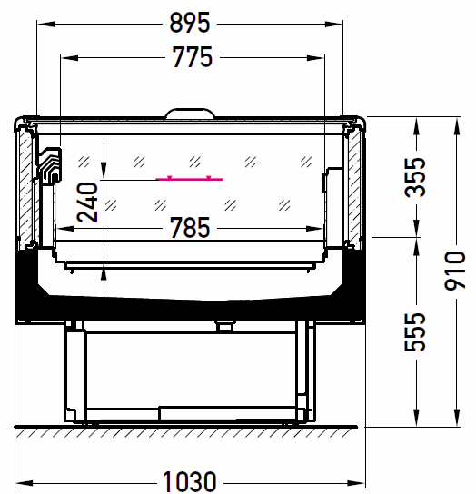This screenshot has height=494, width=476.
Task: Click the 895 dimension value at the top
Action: tap(190, 23)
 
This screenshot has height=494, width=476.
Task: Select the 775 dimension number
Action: tap(193, 57)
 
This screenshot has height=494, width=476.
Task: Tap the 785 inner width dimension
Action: tap(190, 227)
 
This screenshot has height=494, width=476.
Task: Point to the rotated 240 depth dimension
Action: tap(87, 203)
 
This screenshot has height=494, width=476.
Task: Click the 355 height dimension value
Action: tap(415, 177)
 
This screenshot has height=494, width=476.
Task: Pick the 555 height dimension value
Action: tap(415, 332)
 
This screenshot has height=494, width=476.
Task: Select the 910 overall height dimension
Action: tap(455, 271)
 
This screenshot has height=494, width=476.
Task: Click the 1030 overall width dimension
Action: tap(190, 481)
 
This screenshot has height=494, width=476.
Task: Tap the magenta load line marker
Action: tap(189, 179)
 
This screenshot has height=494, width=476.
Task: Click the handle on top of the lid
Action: tap(191, 113)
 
